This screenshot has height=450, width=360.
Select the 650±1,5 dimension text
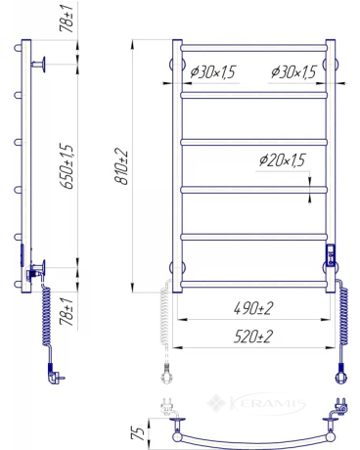(67, 166)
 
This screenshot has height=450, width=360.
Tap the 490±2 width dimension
(253, 308)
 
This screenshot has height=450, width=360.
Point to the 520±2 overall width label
(252, 337)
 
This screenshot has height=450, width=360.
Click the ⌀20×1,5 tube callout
(282, 160)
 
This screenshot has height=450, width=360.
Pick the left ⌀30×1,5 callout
(212, 72)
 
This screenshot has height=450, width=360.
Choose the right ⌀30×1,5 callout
(293, 72)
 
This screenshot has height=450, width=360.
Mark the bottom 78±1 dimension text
(67, 311)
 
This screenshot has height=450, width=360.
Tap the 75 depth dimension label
(138, 433)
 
